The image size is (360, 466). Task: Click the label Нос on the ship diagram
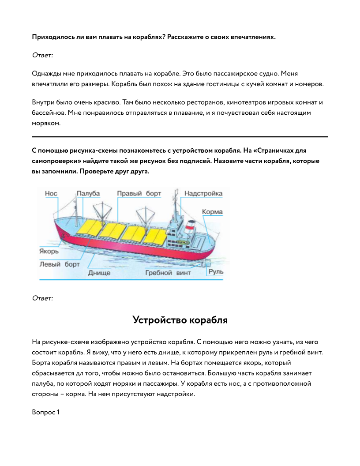(51, 194)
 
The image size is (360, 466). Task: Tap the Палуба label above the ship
(88, 194)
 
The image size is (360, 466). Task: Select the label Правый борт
(139, 194)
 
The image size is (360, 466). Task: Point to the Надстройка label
(203, 194)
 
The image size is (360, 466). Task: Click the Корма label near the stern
(212, 212)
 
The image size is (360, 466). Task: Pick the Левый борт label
(60, 264)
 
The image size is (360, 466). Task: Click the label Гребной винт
(168, 273)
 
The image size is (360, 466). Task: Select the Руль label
(216, 272)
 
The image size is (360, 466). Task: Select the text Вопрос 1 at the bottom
(45, 412)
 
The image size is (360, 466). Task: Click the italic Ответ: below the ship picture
(42, 298)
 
